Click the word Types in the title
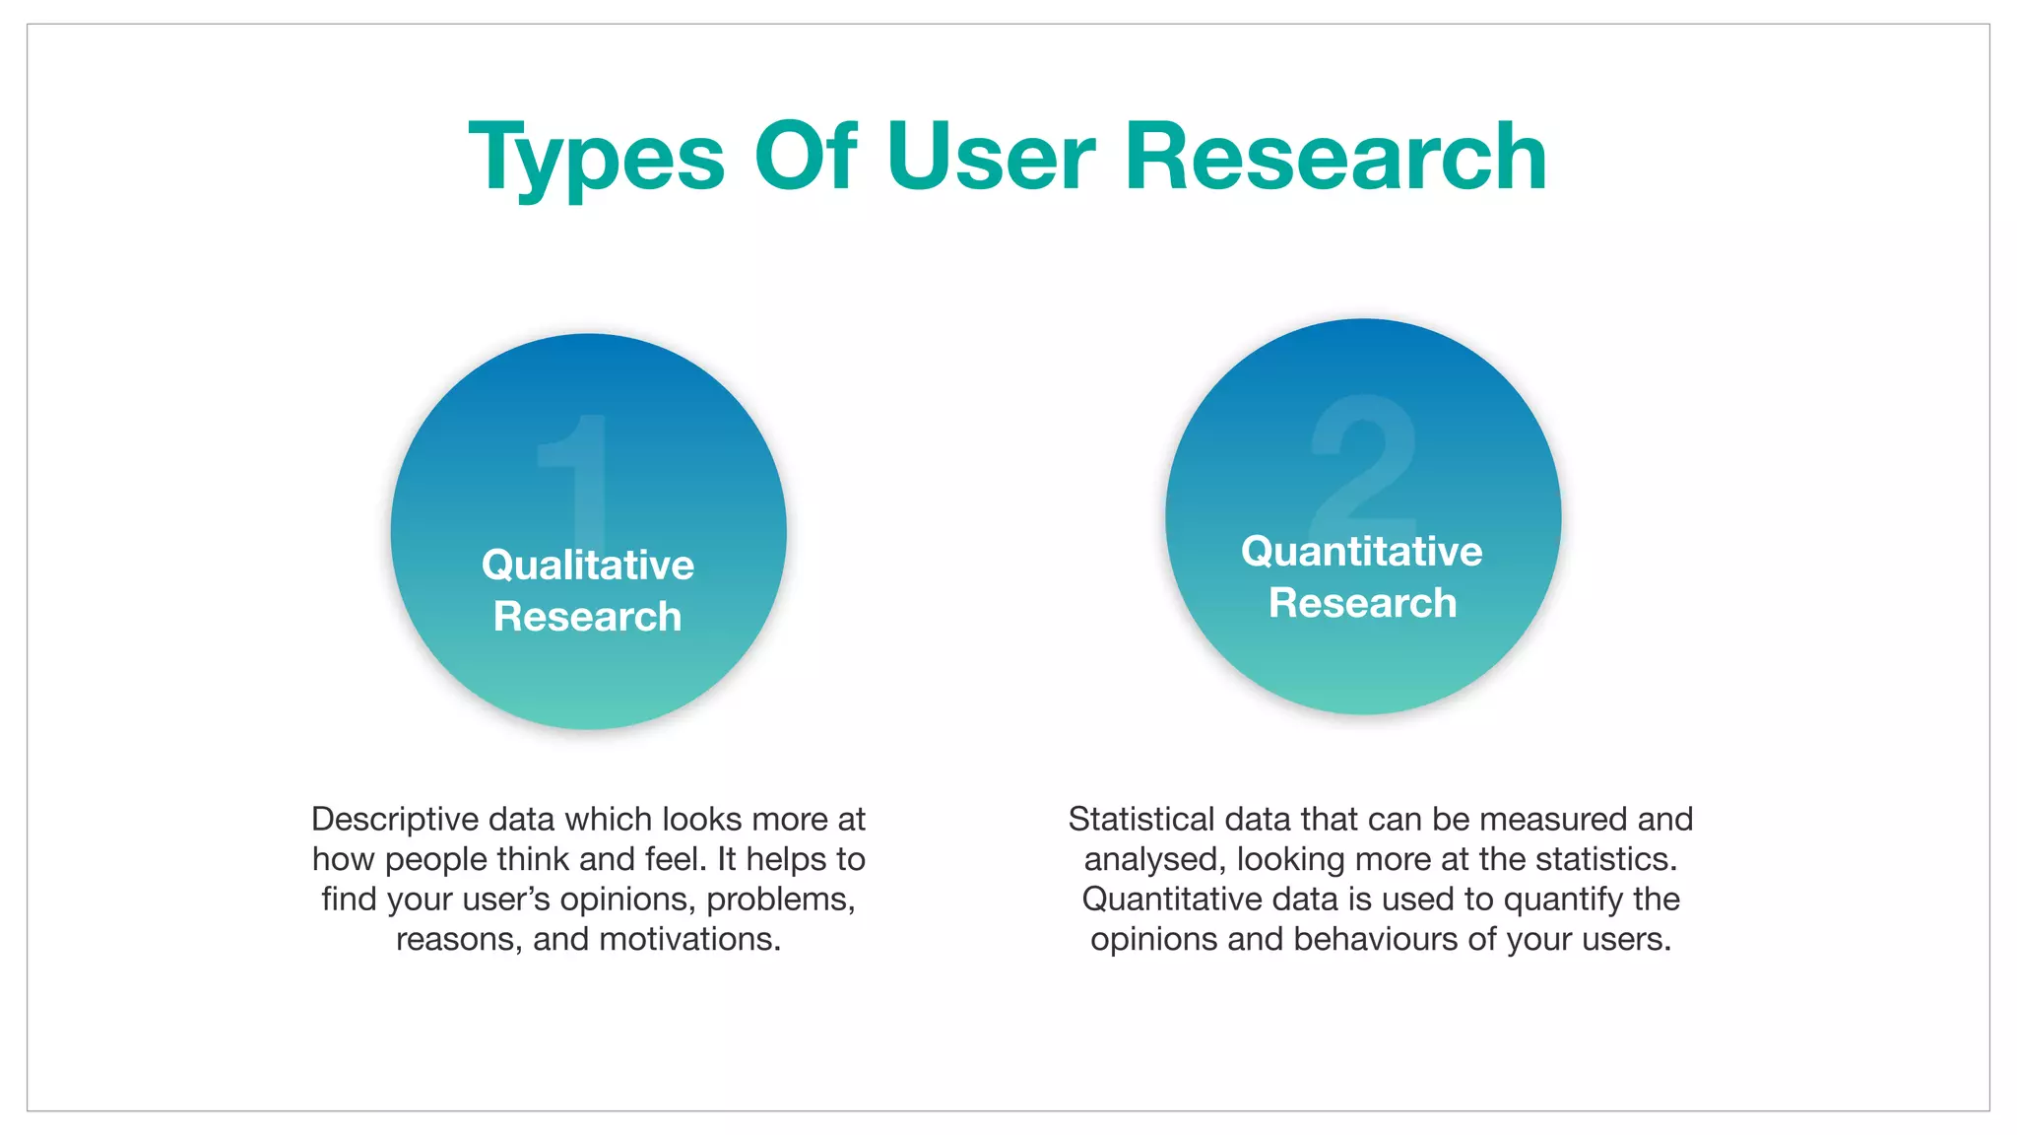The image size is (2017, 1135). pyautogui.click(x=597, y=158)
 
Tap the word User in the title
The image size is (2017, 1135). pyautogui.click(x=991, y=158)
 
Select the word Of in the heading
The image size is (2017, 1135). pyautogui.click(x=806, y=158)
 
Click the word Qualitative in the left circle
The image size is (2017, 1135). pyautogui.click(x=588, y=566)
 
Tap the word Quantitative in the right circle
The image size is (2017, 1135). pyautogui.click(x=1362, y=552)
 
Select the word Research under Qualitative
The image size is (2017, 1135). pyautogui.click(x=588, y=617)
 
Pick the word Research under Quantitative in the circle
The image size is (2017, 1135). pyautogui.click(x=1362, y=603)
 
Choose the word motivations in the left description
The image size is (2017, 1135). pyautogui.click(x=689, y=939)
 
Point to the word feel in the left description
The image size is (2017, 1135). pyautogui.click(x=676, y=859)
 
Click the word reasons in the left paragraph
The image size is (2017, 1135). pyautogui.click(x=459, y=939)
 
